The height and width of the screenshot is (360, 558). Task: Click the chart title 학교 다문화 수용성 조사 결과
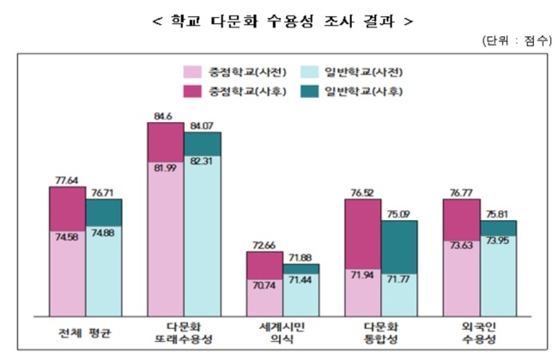point(282,21)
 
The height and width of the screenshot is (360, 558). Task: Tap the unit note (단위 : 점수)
point(517,40)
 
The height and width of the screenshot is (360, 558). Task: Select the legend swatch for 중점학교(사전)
point(192,72)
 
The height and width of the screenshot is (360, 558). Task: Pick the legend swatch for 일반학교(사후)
point(309,92)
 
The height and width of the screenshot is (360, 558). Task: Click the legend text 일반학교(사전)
point(363,72)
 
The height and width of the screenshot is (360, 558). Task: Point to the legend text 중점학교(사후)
point(247,92)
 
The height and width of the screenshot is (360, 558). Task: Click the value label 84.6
point(163,117)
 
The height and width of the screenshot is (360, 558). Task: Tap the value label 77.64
point(67,180)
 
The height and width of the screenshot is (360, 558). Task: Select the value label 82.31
point(201,162)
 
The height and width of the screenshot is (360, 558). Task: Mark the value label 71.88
point(300,258)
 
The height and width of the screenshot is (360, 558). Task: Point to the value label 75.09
point(398,214)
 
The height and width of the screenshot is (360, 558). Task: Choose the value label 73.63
point(461,246)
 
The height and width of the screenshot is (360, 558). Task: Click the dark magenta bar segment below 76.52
point(362,234)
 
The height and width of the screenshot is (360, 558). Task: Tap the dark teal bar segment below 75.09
point(399,247)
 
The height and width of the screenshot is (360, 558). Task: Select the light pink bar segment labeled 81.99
point(166,239)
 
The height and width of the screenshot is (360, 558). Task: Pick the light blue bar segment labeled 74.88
point(104,271)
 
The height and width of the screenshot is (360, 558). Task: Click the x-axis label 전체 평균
point(85,333)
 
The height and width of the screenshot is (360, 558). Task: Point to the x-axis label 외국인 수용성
point(479,333)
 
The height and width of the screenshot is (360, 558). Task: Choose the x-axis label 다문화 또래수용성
point(183,333)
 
